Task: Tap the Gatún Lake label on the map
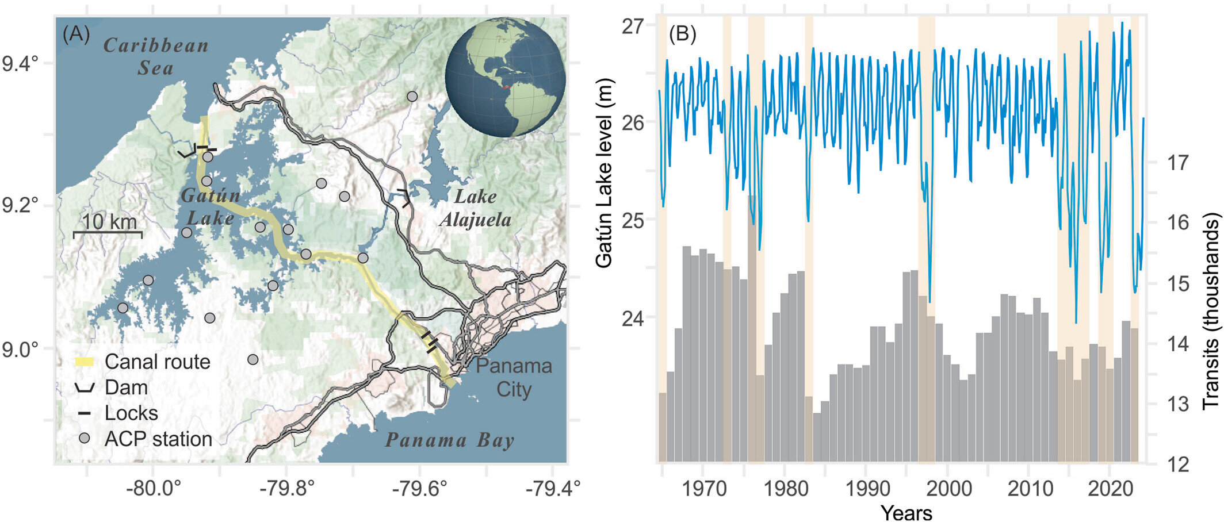point(210,206)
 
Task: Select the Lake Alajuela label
point(475,208)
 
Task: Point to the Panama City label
point(514,377)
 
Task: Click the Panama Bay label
point(449,440)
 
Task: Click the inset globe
point(505,77)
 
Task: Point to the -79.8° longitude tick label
point(286,489)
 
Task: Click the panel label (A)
point(76,34)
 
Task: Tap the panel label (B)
point(682,34)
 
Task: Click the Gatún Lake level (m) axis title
point(604,172)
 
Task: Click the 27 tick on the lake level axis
point(633,26)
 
